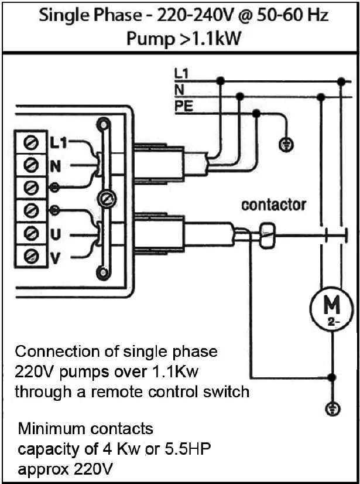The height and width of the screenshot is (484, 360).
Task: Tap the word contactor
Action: (x=273, y=205)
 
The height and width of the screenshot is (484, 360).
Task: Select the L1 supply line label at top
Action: (x=181, y=74)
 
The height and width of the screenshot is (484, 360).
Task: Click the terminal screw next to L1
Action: (x=34, y=142)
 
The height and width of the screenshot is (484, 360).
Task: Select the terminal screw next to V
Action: (x=34, y=255)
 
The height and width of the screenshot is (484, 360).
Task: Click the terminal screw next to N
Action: (x=34, y=165)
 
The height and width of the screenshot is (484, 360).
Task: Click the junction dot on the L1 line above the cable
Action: (x=221, y=79)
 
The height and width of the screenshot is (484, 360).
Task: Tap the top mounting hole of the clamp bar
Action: (x=104, y=124)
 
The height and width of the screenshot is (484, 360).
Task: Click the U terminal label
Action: (x=55, y=234)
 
